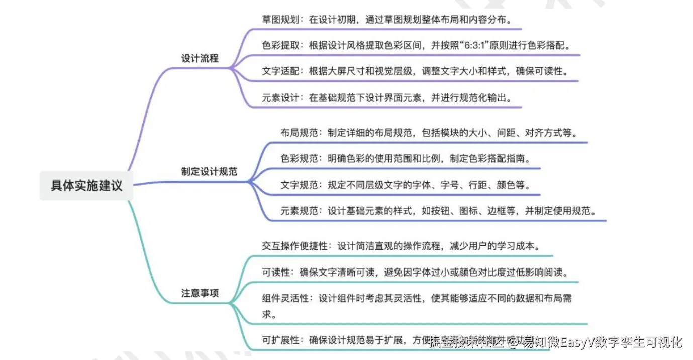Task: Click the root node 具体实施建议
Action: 86,185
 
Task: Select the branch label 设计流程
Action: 200,58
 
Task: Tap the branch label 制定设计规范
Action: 209,171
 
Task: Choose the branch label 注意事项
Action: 200,293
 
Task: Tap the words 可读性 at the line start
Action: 276,272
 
